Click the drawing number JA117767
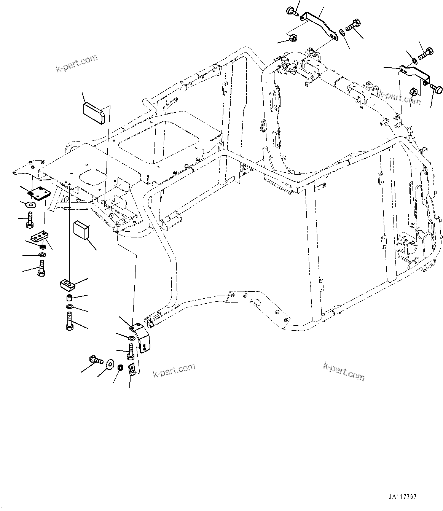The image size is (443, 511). point(403,497)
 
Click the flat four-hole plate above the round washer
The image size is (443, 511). point(39,194)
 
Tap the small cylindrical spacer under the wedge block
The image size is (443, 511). point(70,297)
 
